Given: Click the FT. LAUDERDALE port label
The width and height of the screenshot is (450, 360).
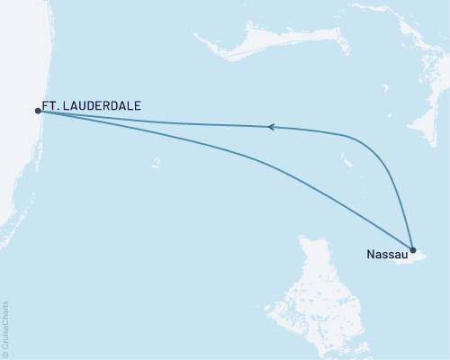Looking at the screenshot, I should (91, 105).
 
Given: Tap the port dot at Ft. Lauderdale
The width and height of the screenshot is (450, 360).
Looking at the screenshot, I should (38, 111).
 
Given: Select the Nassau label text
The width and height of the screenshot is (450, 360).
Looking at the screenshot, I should (385, 255).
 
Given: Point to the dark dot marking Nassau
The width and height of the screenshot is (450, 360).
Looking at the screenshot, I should (412, 249).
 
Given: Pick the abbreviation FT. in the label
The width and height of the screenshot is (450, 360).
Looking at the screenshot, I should (50, 105).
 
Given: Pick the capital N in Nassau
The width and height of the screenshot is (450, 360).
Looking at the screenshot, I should (371, 255).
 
